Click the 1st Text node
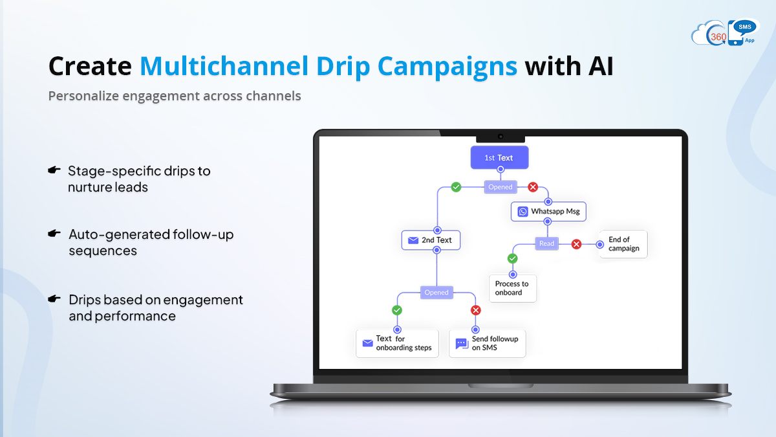[x=499, y=157]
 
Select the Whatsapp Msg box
[x=548, y=211]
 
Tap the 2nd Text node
[x=431, y=240]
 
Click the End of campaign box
[x=623, y=244]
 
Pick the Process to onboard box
[x=513, y=288]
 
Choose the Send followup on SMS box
[x=487, y=343]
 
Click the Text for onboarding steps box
[x=397, y=343]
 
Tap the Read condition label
[x=546, y=243]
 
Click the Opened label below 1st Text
[x=501, y=187]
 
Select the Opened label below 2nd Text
[x=436, y=293]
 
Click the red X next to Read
[x=576, y=244]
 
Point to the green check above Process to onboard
[x=513, y=258]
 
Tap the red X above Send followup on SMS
[x=476, y=310]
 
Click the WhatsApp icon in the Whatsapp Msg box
[x=523, y=212]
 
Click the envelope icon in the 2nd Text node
[x=413, y=240]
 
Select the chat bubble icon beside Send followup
[x=462, y=344]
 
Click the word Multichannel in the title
[x=224, y=66]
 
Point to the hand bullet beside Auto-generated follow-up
[x=54, y=234]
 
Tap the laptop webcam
[x=501, y=137]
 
